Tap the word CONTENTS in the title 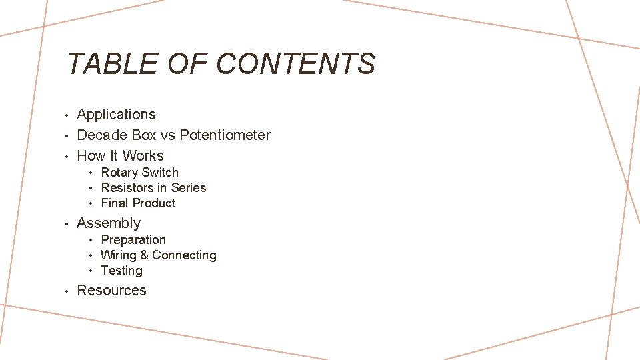[296, 64]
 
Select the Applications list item [116, 115]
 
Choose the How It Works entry [120, 156]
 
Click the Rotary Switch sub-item [139, 173]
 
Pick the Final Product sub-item [138, 203]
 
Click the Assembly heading [109, 223]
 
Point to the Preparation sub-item [133, 240]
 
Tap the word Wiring [118, 255]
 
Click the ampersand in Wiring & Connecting [143, 255]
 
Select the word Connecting [184, 255]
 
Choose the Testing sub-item [121, 271]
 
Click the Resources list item [111, 291]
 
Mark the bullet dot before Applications [68, 115]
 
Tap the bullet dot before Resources [68, 291]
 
